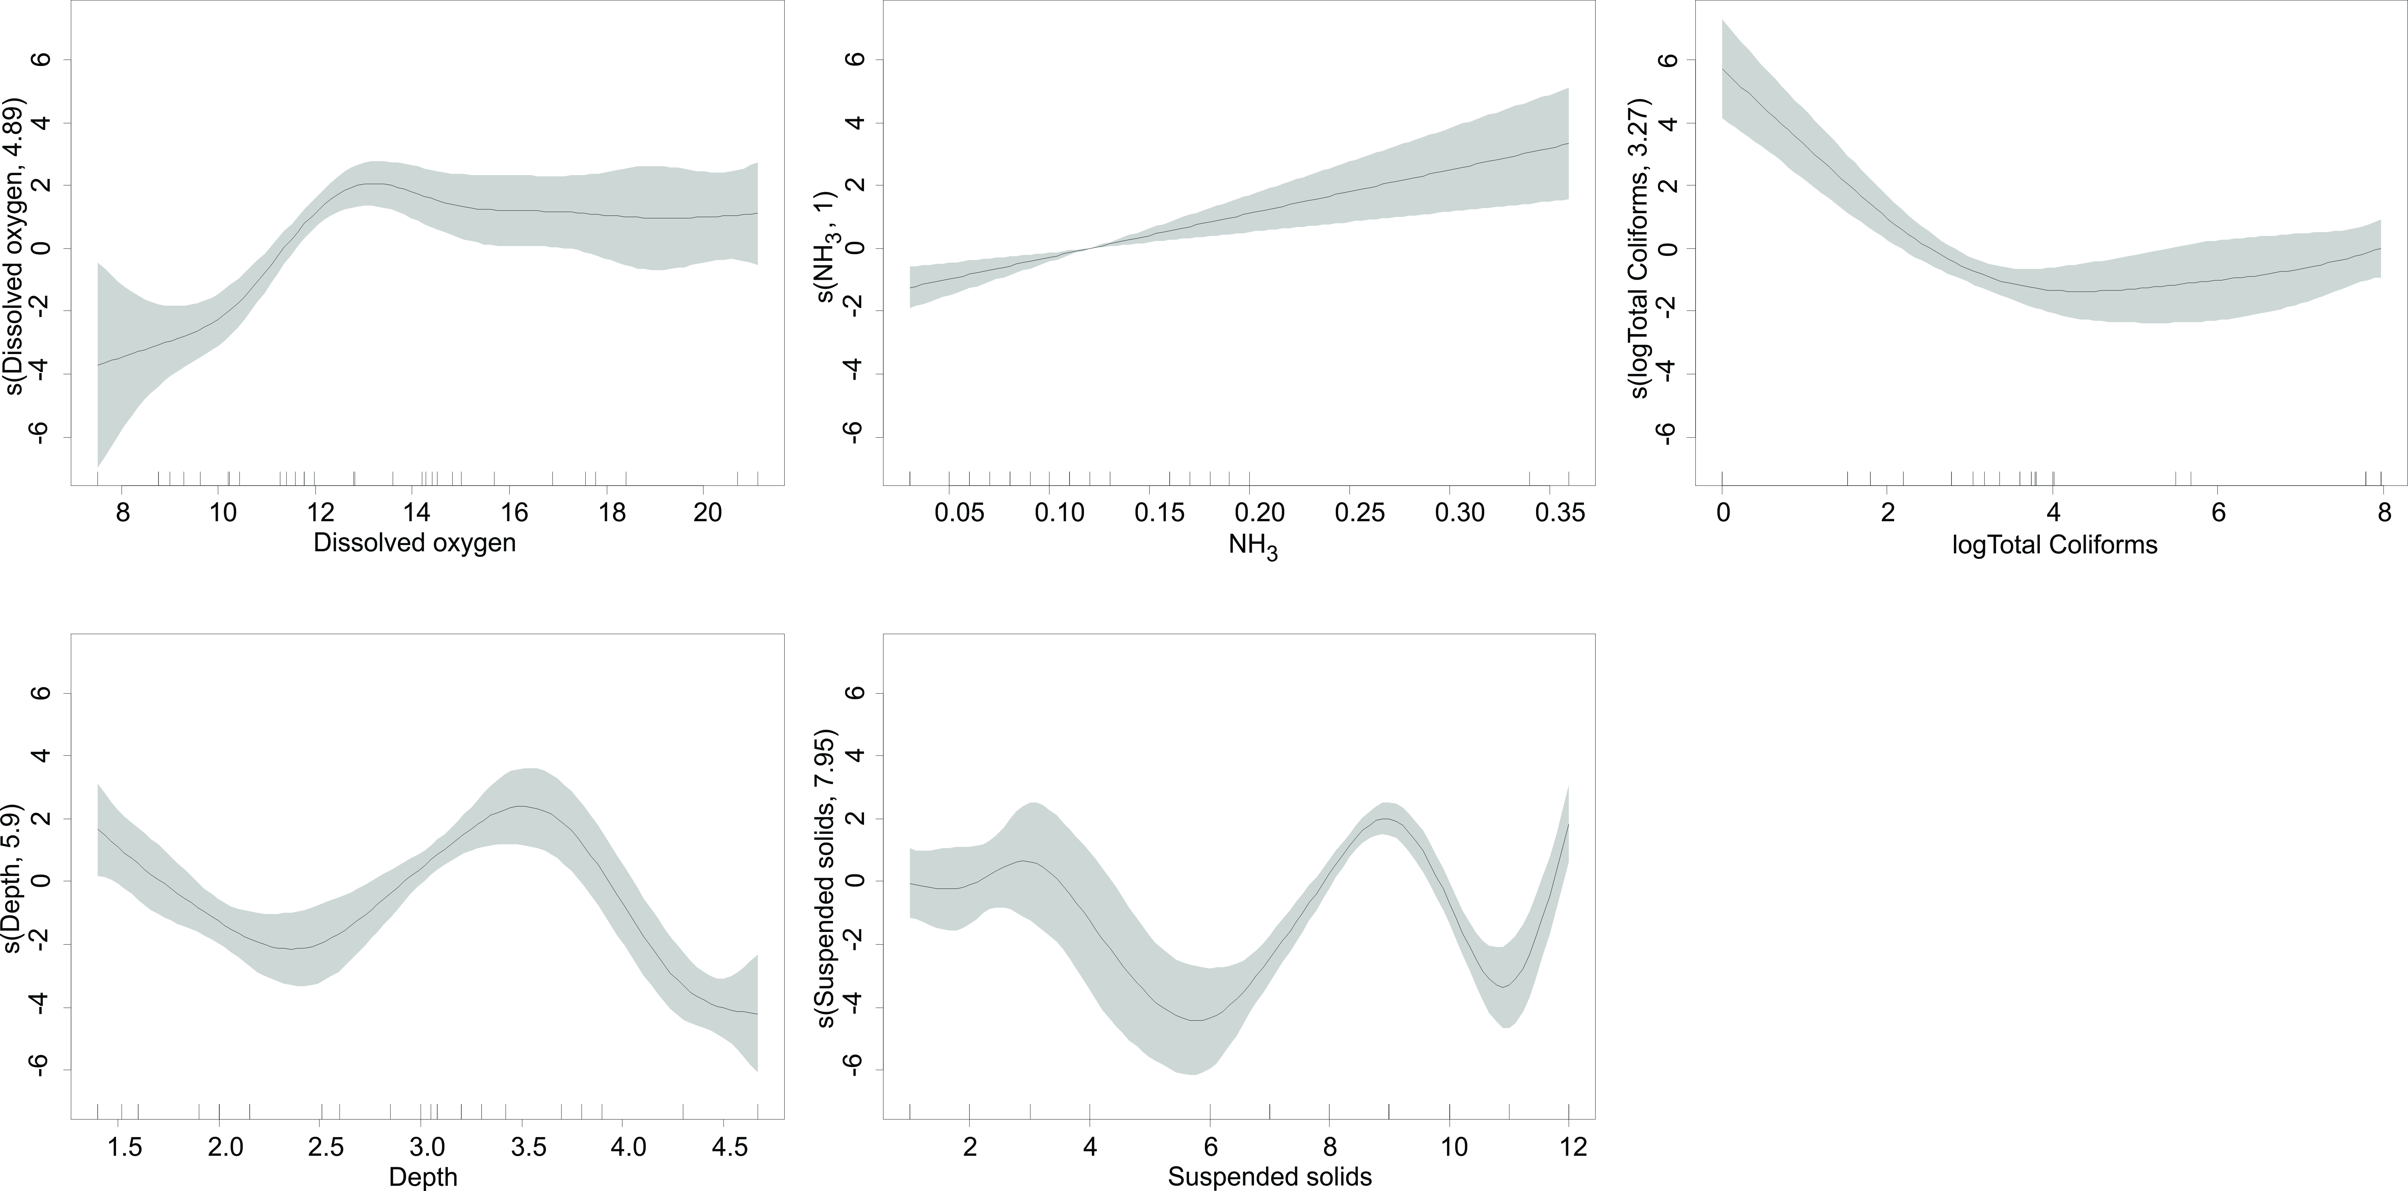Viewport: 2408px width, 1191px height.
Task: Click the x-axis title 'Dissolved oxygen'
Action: pyautogui.click(x=414, y=543)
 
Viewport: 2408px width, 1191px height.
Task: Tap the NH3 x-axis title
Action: pyautogui.click(x=1253, y=545)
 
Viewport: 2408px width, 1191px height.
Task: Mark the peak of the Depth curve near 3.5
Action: pyautogui.click(x=521, y=806)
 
